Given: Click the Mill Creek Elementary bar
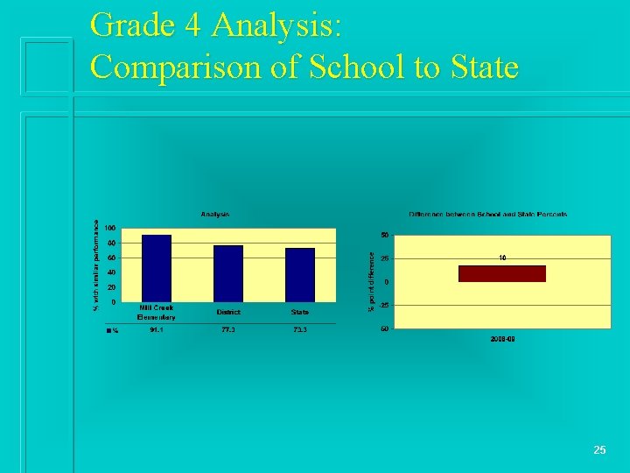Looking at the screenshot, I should coord(157,267).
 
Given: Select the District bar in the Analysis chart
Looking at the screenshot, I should coord(228,272).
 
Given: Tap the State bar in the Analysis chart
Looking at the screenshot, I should coord(300,274).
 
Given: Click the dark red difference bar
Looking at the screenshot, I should coord(501,273).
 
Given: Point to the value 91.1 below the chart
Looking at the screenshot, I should coord(157,329).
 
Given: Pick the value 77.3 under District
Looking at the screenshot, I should coord(228,329).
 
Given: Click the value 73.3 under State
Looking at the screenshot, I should coord(300,329).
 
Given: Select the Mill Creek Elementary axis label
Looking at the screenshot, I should coord(157,313).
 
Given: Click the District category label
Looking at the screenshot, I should coord(228,313).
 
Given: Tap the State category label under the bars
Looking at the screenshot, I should coord(300,313).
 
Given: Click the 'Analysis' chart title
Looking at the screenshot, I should coord(215,214).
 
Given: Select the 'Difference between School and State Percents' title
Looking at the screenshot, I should coord(487,214).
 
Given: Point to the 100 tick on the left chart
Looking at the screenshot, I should coord(112,228).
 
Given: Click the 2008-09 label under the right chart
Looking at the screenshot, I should coord(502,337).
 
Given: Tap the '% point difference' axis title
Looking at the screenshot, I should coord(371,281).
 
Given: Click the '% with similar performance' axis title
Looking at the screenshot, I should coord(96,264).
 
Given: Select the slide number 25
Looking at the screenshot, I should coord(599,450).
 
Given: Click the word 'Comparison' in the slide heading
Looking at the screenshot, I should coord(180,67).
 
